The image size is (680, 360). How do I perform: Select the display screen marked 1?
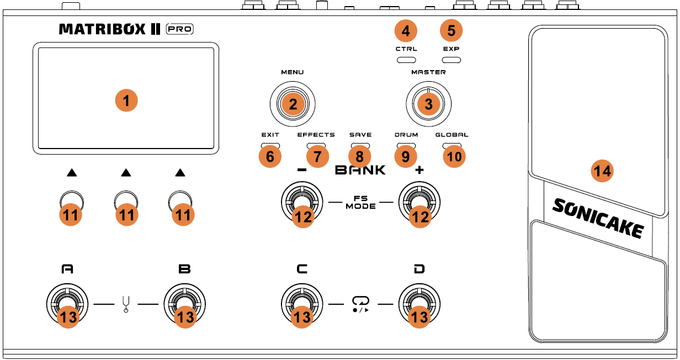(x=126, y=98)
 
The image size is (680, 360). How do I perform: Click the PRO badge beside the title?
(x=180, y=29)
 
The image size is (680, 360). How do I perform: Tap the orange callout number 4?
(x=406, y=31)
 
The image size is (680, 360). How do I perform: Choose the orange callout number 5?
(x=451, y=31)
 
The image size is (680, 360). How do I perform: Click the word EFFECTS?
(x=316, y=135)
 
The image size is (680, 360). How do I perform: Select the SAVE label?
(x=360, y=135)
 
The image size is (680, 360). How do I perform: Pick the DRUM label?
(x=406, y=135)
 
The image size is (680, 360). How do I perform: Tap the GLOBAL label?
(x=451, y=135)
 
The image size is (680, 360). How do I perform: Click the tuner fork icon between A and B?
(x=126, y=304)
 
